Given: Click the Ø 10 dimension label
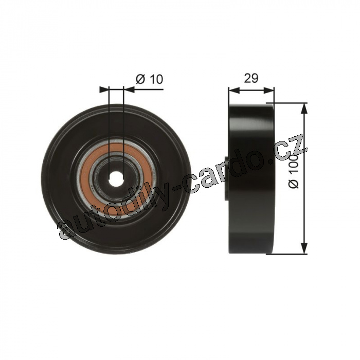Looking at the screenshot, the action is (149, 79).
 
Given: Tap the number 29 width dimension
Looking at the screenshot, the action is (251, 78).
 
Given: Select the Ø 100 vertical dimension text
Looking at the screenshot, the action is (294, 171).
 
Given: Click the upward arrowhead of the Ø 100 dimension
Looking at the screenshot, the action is (304, 109).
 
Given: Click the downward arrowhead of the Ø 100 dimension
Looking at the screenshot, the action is (304, 248).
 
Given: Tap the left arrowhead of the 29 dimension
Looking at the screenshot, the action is (234, 90).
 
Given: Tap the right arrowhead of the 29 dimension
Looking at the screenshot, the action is (268, 90).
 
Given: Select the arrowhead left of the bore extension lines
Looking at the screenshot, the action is (104, 89).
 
